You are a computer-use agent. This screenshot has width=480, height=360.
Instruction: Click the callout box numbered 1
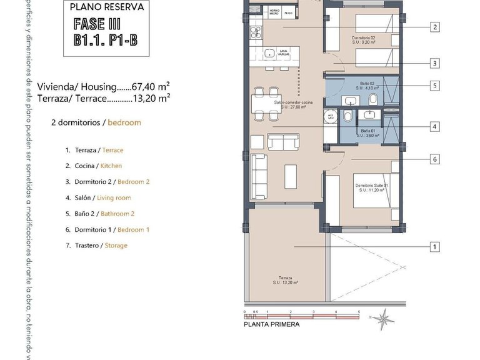click(x=434, y=247)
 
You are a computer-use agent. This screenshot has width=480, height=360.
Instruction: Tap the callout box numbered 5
click(x=434, y=86)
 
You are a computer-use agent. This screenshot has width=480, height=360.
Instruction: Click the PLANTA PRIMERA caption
click(x=271, y=324)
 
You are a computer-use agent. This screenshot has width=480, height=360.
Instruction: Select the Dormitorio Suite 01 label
click(x=372, y=188)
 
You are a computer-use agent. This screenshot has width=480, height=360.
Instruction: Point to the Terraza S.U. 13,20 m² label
click(x=285, y=281)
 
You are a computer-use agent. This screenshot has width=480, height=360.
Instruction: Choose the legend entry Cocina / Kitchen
click(x=94, y=166)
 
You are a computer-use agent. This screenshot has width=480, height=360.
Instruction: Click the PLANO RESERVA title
click(x=106, y=8)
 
